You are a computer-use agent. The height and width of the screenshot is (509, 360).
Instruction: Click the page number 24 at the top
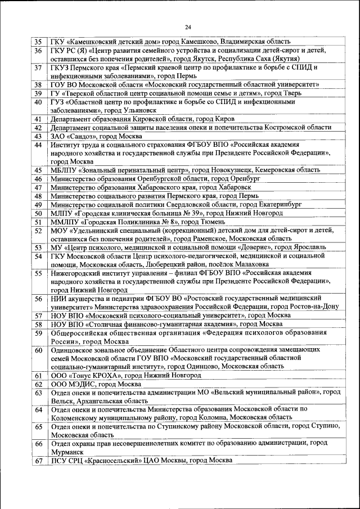[x=187, y=26]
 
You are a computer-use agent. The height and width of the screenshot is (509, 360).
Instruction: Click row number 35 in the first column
[x=38, y=42]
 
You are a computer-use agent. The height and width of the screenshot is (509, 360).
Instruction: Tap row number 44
[x=38, y=145]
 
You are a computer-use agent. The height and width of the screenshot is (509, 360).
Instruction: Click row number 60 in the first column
[x=38, y=350]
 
